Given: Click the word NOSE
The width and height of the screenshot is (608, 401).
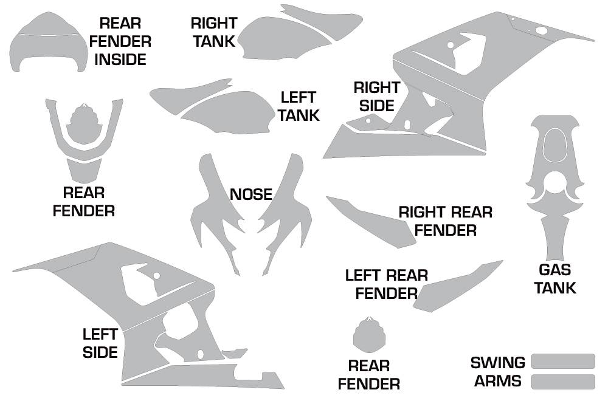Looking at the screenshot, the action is pyautogui.click(x=251, y=194).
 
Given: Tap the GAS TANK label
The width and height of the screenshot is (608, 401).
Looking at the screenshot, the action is pyautogui.click(x=555, y=278).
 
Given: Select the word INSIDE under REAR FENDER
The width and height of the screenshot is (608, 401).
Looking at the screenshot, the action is pyautogui.click(x=120, y=60).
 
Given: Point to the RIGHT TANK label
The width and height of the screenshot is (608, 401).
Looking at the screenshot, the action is pyautogui.click(x=214, y=32).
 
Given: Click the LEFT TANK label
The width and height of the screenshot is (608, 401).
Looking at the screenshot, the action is pyautogui.click(x=298, y=106).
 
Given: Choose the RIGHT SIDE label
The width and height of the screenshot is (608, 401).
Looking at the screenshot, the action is pyautogui.click(x=376, y=97).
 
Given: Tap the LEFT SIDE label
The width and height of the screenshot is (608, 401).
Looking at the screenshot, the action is pyautogui.click(x=100, y=343).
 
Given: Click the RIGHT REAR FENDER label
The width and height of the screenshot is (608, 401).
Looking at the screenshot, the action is pyautogui.click(x=446, y=221).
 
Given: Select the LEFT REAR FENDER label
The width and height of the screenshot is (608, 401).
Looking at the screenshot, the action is pyautogui.click(x=387, y=284).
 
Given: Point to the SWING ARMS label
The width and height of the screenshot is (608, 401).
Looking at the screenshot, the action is pyautogui.click(x=498, y=372).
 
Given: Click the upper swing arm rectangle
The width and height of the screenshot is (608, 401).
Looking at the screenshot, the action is pyautogui.click(x=563, y=361).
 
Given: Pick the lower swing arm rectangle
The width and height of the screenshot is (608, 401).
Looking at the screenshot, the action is pyautogui.click(x=563, y=382).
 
